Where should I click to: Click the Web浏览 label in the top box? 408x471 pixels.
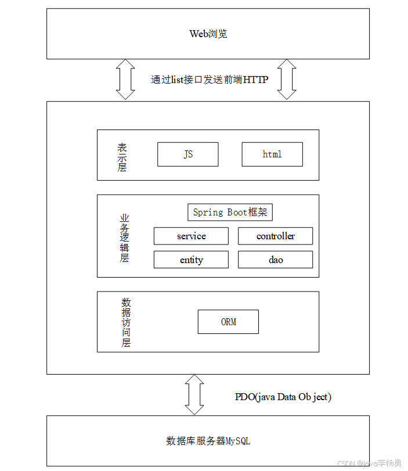[208, 34]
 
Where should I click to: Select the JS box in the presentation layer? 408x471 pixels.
[188, 154]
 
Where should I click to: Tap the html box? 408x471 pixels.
[272, 154]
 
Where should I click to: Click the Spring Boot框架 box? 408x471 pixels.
[230, 212]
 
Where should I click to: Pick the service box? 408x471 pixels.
[191, 236]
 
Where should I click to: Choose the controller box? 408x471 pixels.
[275, 236]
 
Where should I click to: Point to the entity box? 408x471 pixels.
[191, 260]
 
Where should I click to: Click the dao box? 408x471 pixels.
[275, 260]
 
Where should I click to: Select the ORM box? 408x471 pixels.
[228, 322]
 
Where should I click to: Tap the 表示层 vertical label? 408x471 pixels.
[122, 157]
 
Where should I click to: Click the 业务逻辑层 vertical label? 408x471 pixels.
[124, 238]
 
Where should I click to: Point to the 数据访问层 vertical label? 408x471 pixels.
[126, 322]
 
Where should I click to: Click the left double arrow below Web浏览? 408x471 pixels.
[125, 80]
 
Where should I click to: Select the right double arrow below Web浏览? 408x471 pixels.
[287, 80]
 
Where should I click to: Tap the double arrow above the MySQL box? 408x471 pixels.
[194, 394]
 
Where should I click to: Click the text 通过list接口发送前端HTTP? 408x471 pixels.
[210, 80]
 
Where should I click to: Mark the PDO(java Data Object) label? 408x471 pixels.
[283, 397]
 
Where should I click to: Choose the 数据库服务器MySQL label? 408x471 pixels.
[208, 441]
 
